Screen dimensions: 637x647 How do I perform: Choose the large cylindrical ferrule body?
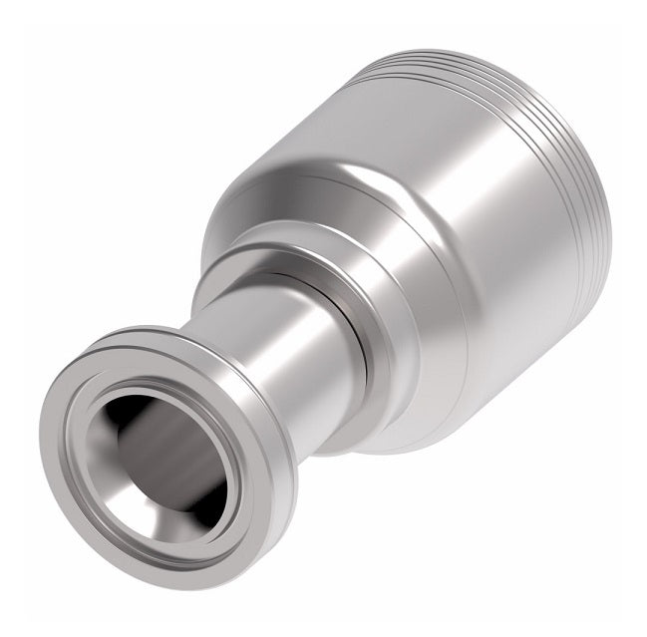click(x=479, y=279)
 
